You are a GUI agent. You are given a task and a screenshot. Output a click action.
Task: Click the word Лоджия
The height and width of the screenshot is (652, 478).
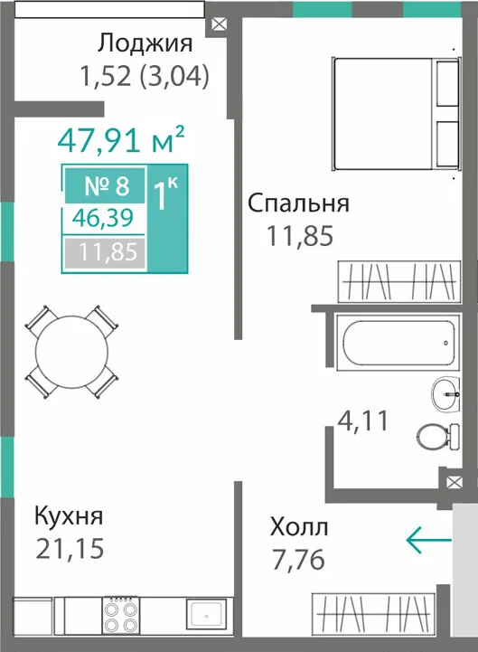coord(145,43)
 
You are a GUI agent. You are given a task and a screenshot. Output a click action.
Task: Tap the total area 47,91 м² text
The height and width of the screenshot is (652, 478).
coord(121,139)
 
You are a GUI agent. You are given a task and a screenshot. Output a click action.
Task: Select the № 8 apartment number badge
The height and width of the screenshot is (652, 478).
coord(105,185)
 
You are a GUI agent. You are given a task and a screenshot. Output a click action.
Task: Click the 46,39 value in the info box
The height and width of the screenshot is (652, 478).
coord(103,217)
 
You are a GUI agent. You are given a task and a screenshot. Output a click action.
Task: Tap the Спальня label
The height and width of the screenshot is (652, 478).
coord(298,204)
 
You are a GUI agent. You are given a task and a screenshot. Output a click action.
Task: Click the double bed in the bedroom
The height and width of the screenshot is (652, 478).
coord(397,114)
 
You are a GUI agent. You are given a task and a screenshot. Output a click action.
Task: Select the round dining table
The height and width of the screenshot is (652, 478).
coord(72,352)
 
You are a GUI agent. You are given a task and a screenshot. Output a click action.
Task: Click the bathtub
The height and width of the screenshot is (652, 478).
coord(398,342)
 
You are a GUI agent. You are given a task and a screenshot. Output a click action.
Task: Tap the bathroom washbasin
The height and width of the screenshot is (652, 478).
coord(445,393)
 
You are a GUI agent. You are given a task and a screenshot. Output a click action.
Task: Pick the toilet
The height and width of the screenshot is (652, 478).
coord(438,437)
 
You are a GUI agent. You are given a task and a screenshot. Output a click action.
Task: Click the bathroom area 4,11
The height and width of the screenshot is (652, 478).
coord(363,420)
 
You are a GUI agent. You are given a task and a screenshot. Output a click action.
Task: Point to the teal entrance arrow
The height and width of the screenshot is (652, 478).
coord(428,540)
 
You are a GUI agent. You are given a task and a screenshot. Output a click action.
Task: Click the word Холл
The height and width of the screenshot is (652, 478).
coord(299,527)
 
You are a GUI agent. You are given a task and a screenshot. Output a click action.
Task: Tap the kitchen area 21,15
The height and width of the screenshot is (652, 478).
coord(70,548)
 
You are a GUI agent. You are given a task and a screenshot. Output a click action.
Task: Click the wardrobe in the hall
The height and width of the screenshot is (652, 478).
coord(373,614)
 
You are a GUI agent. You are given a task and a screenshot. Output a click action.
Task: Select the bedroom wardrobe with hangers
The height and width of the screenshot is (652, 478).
coord(399,281)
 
